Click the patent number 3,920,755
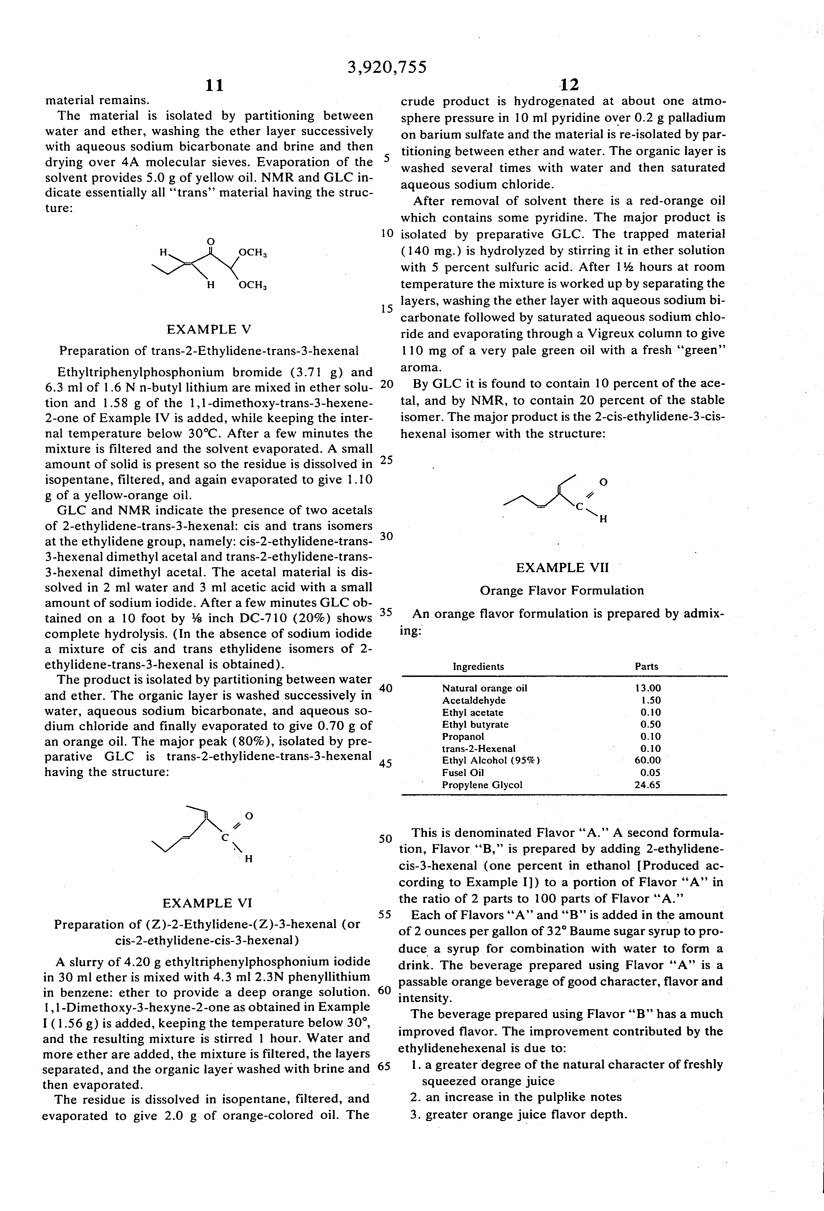[x=386, y=67]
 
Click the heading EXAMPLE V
[x=209, y=329]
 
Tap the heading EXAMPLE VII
[x=562, y=567]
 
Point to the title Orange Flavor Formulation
[x=562, y=590]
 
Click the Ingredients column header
[x=478, y=667]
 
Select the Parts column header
[x=646, y=667]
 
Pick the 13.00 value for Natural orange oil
[x=647, y=688]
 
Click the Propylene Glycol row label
[x=482, y=785]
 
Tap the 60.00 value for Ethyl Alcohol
[x=647, y=760]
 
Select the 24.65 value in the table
[x=647, y=785]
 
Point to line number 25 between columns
[x=386, y=460]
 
